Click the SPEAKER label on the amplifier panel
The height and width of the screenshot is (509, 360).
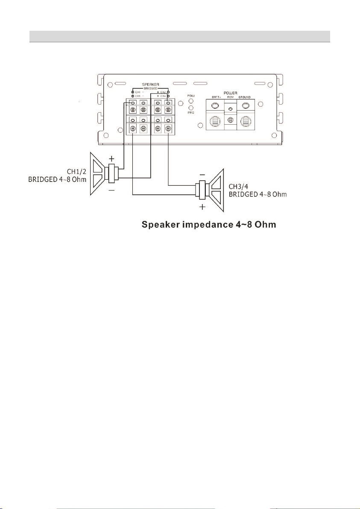150,85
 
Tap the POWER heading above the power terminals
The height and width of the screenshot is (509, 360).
231,92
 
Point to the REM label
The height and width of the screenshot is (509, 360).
231,97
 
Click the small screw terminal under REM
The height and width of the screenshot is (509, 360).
231,121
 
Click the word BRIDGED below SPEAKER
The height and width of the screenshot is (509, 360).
150,88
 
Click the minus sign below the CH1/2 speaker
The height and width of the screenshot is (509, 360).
112,191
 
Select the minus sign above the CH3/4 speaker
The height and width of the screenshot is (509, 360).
202,174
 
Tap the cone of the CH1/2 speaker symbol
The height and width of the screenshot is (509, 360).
98,174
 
